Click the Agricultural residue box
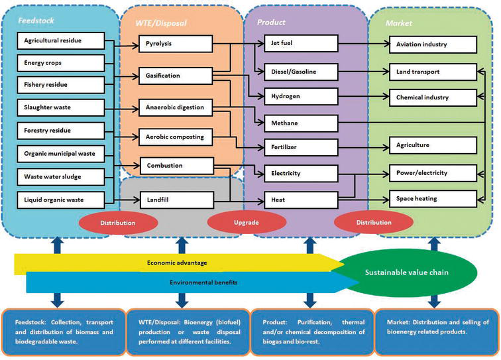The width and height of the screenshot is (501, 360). pyautogui.click(x=60, y=41)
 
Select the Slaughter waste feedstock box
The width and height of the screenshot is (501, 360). pyautogui.click(x=60, y=107)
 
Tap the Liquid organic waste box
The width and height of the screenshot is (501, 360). pyautogui.click(x=60, y=199)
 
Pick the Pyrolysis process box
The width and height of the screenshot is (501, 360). pyautogui.click(x=176, y=44)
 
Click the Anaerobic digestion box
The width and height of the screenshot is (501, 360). pyautogui.click(x=176, y=107)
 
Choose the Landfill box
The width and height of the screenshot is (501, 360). pyautogui.click(x=176, y=199)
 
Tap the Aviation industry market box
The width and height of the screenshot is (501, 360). pyautogui.click(x=432, y=44)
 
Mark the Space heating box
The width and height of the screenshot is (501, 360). pyautogui.click(x=432, y=198)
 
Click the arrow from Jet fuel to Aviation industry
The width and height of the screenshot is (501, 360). pyautogui.click(x=355, y=44)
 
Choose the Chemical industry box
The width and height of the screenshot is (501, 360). pyautogui.click(x=432, y=97)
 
